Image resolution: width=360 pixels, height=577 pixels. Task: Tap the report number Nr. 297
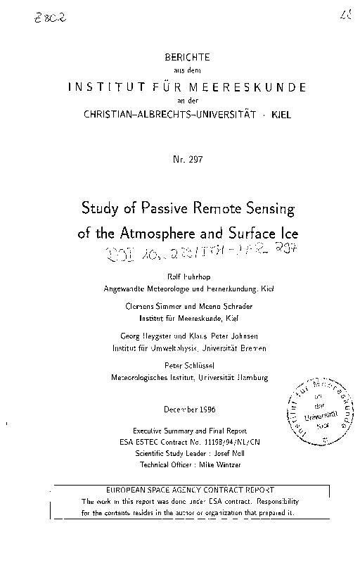tap(187, 160)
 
